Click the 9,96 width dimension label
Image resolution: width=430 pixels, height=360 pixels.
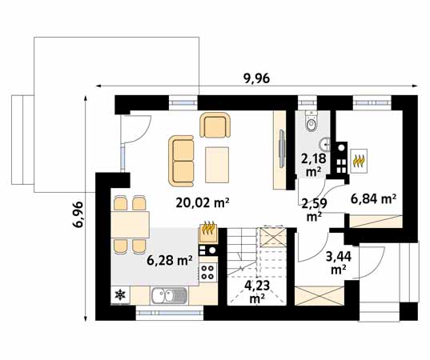click(256, 78)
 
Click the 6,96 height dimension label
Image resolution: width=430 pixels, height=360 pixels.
click(78, 214)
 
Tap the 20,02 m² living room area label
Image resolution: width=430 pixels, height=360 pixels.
click(203, 203)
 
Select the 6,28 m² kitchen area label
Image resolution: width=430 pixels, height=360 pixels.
click(170, 260)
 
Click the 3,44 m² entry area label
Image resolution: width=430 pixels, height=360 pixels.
click(339, 263)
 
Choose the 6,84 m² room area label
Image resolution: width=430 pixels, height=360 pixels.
click(373, 199)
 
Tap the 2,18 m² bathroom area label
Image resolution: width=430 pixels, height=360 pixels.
click(313, 164)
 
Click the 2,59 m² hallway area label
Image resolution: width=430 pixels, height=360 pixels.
click(314, 210)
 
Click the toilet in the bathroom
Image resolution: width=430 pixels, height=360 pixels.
click(311, 121)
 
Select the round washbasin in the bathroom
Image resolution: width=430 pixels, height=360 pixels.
click(324, 144)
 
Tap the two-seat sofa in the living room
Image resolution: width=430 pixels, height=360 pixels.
click(181, 161)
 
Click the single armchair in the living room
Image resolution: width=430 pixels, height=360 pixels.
click(215, 125)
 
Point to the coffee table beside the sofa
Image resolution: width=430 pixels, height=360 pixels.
click(217, 165)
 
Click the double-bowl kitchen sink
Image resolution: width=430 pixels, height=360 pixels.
click(169, 296)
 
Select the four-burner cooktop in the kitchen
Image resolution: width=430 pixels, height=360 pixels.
click(208, 272)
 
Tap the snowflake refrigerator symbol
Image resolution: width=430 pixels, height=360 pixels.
click(120, 294)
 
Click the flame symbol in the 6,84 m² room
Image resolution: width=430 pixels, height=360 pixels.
click(359, 161)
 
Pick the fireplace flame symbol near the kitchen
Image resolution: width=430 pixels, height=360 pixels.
click(209, 229)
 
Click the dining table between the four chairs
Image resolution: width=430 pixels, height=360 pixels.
click(130, 225)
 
